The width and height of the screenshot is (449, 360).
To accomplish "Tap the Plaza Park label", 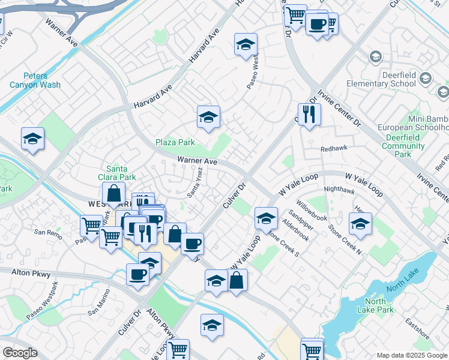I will point(175,142).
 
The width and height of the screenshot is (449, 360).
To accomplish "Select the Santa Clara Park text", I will point(118,173).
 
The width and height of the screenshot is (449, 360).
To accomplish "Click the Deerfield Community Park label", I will point(403,146).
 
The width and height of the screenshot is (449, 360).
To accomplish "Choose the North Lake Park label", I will point(379,305).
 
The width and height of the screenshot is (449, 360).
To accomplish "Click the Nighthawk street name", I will point(339,189).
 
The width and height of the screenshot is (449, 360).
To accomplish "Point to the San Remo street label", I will point(48,232).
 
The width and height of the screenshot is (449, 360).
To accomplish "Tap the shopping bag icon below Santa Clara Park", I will point(113,194).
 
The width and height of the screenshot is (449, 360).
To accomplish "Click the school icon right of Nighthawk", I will point(360,224).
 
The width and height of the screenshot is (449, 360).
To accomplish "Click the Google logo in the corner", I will point(20,353).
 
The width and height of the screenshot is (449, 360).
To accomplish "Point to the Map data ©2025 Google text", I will point(411,355).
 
